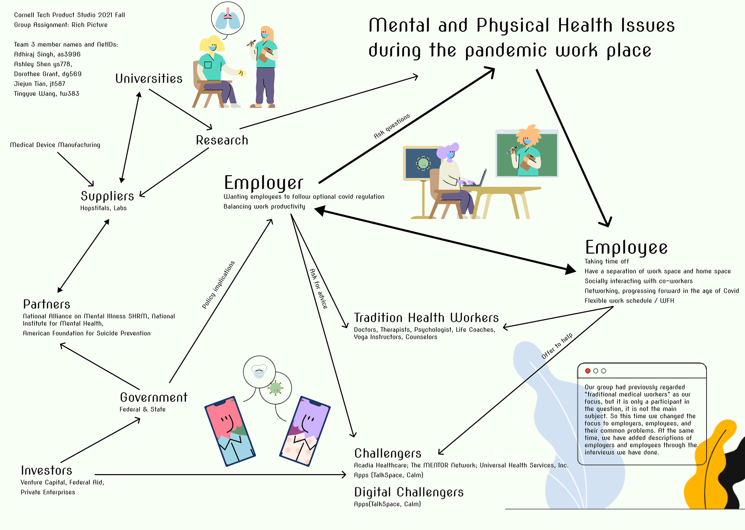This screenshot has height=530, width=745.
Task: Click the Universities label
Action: [x=149, y=79]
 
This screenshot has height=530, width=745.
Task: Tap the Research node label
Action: [x=222, y=140]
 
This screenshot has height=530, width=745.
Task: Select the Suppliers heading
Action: [x=107, y=196]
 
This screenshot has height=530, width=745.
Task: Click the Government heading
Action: [x=154, y=397]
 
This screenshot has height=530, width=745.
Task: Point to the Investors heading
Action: [x=47, y=470]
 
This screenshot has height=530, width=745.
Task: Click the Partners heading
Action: [x=47, y=304]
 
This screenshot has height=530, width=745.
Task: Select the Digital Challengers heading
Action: [x=409, y=492]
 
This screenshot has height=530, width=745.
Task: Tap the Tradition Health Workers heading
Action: [x=426, y=318]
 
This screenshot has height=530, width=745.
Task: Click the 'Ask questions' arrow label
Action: [x=392, y=126]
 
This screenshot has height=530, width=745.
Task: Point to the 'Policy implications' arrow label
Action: [x=218, y=285]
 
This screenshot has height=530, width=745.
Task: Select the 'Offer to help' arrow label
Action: [x=557, y=346]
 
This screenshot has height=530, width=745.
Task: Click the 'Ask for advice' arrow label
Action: [x=319, y=288]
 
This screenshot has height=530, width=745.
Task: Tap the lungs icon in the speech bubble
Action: [x=228, y=19]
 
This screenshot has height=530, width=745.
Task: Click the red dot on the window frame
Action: [x=587, y=371]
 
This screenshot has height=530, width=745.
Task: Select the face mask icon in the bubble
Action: [x=259, y=371]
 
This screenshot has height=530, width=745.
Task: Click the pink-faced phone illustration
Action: [x=230, y=431]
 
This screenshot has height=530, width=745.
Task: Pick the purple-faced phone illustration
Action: [x=305, y=431]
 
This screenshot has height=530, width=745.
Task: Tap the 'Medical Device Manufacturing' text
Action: [x=55, y=145]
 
